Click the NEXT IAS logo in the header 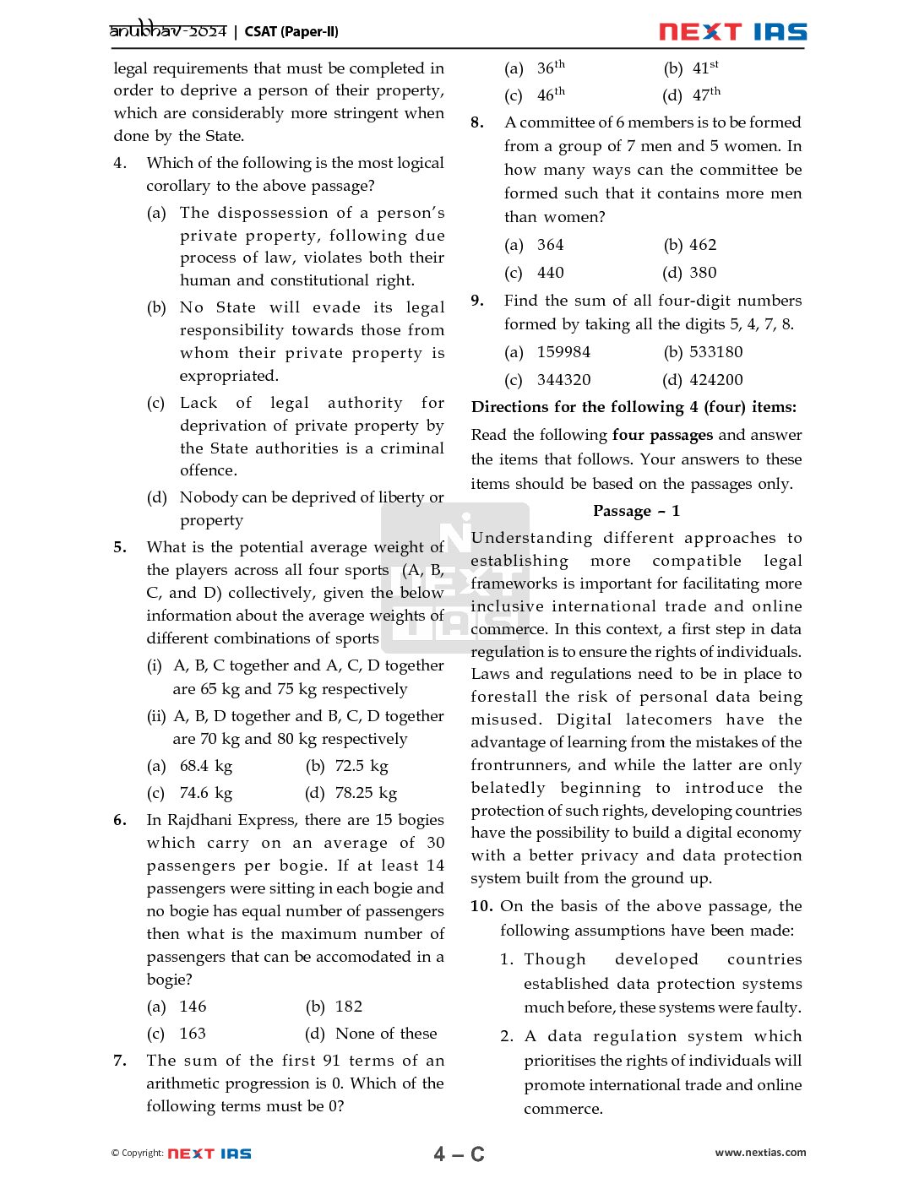tap(732, 32)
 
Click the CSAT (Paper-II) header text tap(291, 32)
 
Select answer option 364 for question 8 tap(550, 245)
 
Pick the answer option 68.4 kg tap(205, 766)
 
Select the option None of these tap(386, 1034)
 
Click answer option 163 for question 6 tap(193, 1034)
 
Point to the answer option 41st tap(705, 68)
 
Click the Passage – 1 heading tap(636, 511)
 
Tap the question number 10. tap(481, 906)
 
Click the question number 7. tap(120, 1061)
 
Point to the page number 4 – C tap(459, 1154)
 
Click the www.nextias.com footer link tap(760, 1153)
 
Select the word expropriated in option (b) tap(229, 376)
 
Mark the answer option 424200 tap(715, 380)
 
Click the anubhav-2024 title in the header tap(168, 31)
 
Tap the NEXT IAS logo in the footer tap(209, 1154)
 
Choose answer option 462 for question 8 tap(703, 245)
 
